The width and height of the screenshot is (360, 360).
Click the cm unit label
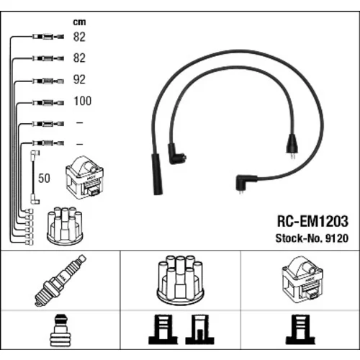click(79, 22)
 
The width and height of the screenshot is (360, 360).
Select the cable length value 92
click(79, 79)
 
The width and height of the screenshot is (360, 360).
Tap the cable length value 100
click(83, 101)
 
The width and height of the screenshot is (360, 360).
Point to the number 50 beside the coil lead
click(44, 179)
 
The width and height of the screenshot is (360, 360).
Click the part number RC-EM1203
click(312, 221)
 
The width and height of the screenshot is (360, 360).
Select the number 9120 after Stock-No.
click(337, 238)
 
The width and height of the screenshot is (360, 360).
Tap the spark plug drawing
click(60, 280)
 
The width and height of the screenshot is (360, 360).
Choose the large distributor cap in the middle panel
click(180, 281)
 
